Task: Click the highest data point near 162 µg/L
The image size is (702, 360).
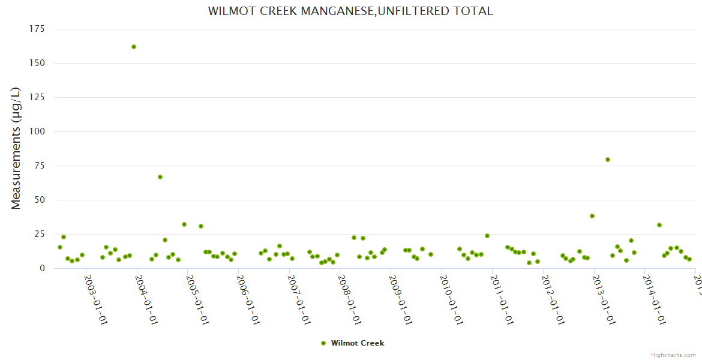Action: (134, 47)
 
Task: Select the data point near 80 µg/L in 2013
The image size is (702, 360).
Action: (608, 160)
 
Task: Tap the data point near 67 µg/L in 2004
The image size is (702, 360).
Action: (160, 177)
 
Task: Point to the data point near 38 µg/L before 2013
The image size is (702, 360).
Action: (592, 216)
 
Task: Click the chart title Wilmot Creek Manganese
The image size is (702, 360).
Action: (350, 11)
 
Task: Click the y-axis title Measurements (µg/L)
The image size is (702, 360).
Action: (16, 148)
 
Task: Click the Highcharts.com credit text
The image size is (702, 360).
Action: (673, 355)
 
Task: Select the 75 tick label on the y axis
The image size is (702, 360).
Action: (40, 166)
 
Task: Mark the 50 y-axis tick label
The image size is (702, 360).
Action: (40, 200)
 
